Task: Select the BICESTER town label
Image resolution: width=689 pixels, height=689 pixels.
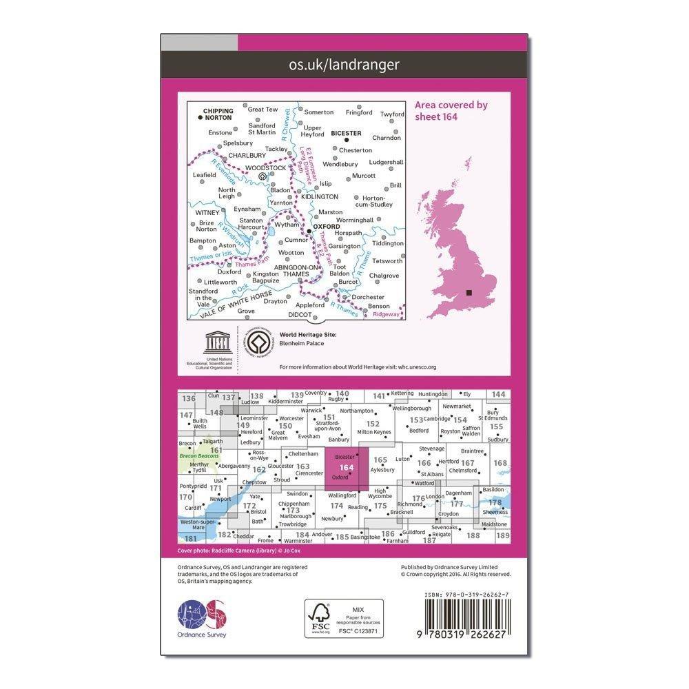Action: (x=346, y=133)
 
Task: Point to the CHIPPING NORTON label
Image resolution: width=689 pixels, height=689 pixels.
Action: (x=218, y=114)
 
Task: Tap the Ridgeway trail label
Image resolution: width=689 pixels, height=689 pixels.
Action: (x=386, y=314)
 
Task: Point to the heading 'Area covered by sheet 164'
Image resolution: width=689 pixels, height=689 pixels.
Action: (x=451, y=110)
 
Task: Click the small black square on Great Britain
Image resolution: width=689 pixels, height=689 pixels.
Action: (x=470, y=293)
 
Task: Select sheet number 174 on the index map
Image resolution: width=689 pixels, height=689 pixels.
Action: (x=336, y=506)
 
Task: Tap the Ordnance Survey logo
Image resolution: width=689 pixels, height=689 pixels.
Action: (x=203, y=615)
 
